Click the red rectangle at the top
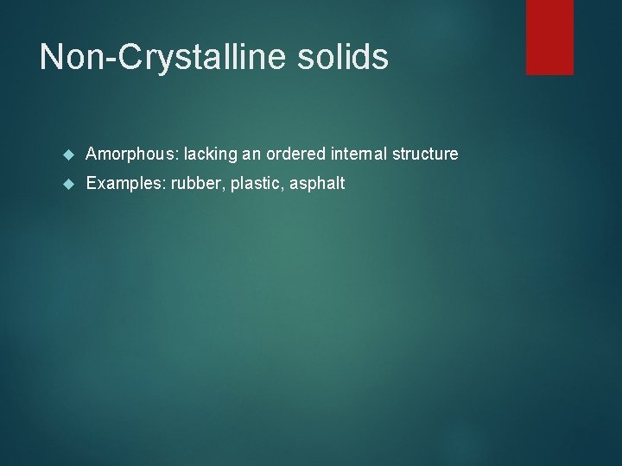[549, 36]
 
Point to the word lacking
[211, 154]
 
